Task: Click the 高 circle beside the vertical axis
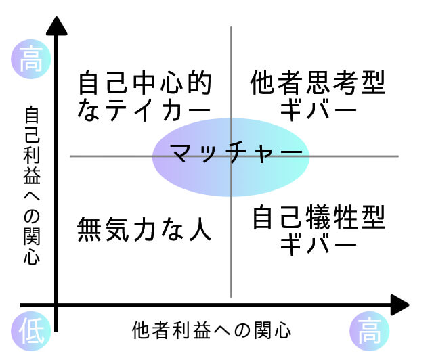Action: coord(31,59)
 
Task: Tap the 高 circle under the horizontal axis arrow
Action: coord(370,331)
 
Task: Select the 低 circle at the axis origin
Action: coord(31,331)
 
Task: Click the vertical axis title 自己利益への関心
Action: coord(32,185)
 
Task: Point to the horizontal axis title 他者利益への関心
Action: coord(211,330)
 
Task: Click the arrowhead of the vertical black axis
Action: coord(56,26)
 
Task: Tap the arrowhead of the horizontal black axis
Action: coord(399,305)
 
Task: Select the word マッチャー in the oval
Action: coord(236,152)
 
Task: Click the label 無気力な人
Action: coord(144,229)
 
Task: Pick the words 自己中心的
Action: coord(145,83)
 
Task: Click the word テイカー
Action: coord(158,110)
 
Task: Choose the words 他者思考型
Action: coord(318,83)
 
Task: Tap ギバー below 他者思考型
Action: coord(318,110)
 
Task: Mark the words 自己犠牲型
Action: coord(319,217)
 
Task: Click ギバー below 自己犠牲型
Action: coord(318,244)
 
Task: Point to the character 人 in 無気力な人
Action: coord(200,229)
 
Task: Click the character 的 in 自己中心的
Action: coord(200,83)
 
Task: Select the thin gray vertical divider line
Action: coord(231,162)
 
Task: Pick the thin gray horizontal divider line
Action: coord(234,156)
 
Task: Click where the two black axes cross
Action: coord(56,305)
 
